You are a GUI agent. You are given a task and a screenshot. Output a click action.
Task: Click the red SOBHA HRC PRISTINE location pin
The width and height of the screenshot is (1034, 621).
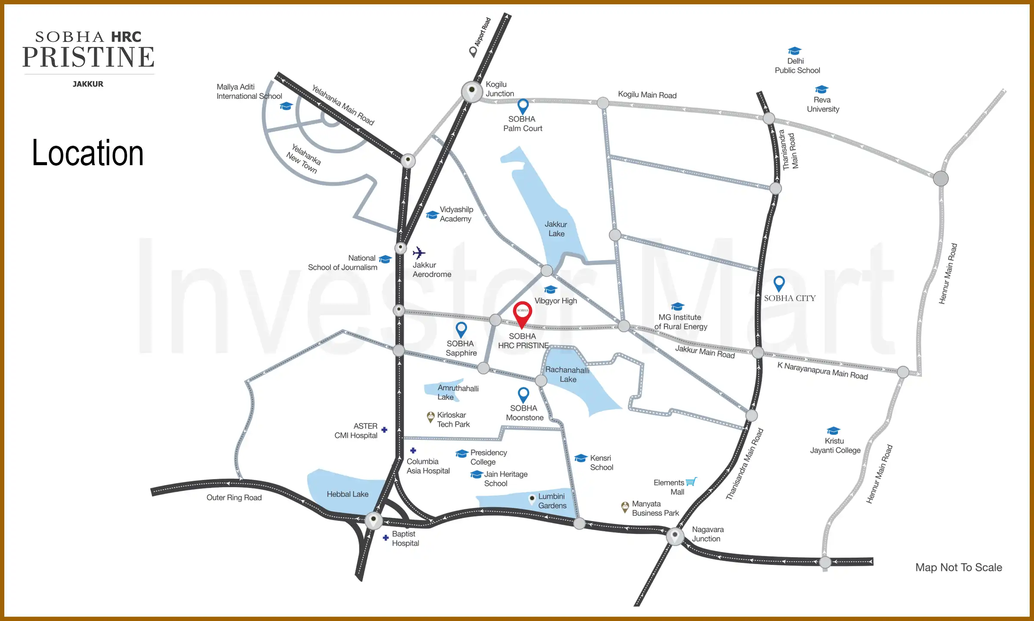522,313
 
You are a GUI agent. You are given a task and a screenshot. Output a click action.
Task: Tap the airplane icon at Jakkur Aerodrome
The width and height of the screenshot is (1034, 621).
419,253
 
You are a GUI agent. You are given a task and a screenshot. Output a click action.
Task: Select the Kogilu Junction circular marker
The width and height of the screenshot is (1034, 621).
472,91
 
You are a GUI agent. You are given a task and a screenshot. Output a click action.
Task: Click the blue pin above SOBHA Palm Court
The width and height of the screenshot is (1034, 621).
523,106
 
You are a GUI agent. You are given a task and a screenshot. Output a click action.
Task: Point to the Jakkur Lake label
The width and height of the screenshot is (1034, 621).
556,229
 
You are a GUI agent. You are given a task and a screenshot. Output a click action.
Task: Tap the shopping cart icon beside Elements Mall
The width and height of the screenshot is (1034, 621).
691,482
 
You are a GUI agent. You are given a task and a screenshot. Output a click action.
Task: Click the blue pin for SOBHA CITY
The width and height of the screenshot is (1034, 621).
779,283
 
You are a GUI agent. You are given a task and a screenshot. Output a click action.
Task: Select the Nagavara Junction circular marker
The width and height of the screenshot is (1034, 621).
675,536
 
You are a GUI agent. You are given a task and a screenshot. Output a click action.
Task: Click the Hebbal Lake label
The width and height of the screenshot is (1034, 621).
347,494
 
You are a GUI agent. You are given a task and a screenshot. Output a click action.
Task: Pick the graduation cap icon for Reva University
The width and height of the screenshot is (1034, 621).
821,89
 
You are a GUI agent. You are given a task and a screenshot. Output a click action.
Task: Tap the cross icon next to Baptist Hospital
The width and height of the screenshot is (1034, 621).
386,537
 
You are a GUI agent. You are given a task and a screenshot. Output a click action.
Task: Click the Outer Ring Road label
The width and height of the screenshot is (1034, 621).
234,498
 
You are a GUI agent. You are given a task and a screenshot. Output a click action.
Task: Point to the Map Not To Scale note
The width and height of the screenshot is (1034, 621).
958,568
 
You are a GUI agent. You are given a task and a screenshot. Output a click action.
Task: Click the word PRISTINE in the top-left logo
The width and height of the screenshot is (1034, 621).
88,57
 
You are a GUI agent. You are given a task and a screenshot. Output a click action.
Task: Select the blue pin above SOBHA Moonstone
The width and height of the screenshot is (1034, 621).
523,394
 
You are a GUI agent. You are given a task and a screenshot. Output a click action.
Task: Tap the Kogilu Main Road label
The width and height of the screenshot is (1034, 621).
647,95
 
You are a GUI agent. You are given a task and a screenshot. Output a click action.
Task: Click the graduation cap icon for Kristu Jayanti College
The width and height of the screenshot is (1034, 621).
833,430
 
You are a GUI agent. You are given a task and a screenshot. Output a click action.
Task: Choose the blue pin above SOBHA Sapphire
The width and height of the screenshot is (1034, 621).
461,329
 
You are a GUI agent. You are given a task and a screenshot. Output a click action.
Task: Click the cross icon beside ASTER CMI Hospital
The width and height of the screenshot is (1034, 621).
384,430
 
